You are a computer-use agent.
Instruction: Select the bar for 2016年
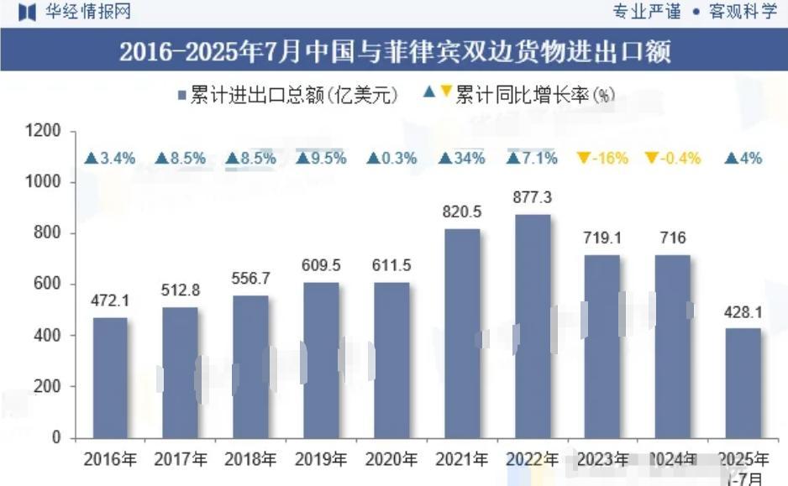tap(110, 377)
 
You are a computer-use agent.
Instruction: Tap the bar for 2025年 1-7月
tap(743, 383)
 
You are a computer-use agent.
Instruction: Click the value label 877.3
tap(533, 197)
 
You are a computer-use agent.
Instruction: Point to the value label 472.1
tap(110, 300)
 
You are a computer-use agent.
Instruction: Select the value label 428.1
tap(743, 312)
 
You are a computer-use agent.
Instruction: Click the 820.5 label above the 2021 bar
tap(462, 212)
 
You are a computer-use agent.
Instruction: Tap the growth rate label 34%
tap(463, 159)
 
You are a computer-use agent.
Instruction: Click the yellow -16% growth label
tap(603, 159)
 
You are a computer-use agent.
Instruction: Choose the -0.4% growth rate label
tap(673, 159)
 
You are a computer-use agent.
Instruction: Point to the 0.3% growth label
tap(392, 159)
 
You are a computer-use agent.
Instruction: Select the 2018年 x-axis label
tap(250, 460)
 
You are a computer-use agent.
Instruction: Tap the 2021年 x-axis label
tap(462, 460)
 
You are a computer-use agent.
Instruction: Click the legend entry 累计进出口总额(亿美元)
tap(286, 94)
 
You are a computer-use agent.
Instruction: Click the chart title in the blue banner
tap(394, 53)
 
